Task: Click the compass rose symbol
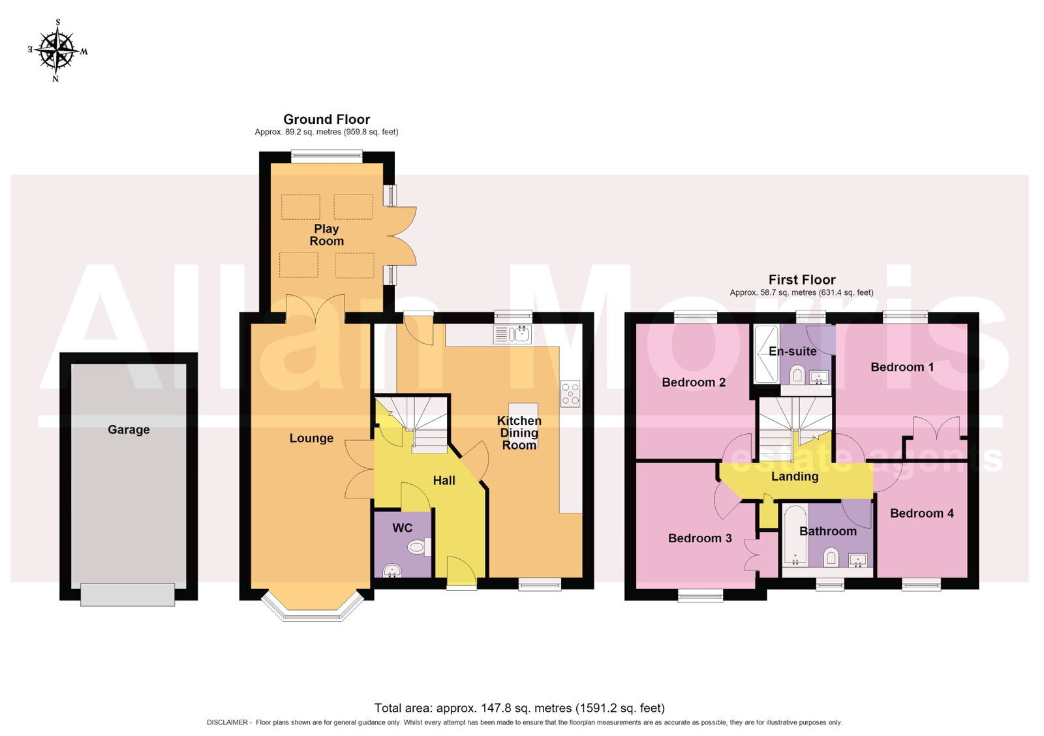click(x=57, y=50)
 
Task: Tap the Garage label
click(x=129, y=430)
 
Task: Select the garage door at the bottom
click(x=127, y=594)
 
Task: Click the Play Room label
click(x=326, y=235)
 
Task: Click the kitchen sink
click(x=512, y=334)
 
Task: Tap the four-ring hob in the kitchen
click(x=570, y=394)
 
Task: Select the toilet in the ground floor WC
click(x=418, y=547)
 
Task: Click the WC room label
click(x=402, y=528)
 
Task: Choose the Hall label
click(x=444, y=481)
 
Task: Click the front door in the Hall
click(x=461, y=571)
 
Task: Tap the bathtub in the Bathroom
click(x=795, y=536)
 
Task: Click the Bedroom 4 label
click(x=921, y=514)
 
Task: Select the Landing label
click(x=795, y=476)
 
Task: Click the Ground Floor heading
click(x=327, y=119)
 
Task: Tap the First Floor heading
click(x=802, y=280)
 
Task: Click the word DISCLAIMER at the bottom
click(x=228, y=722)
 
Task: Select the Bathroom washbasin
click(x=857, y=560)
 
